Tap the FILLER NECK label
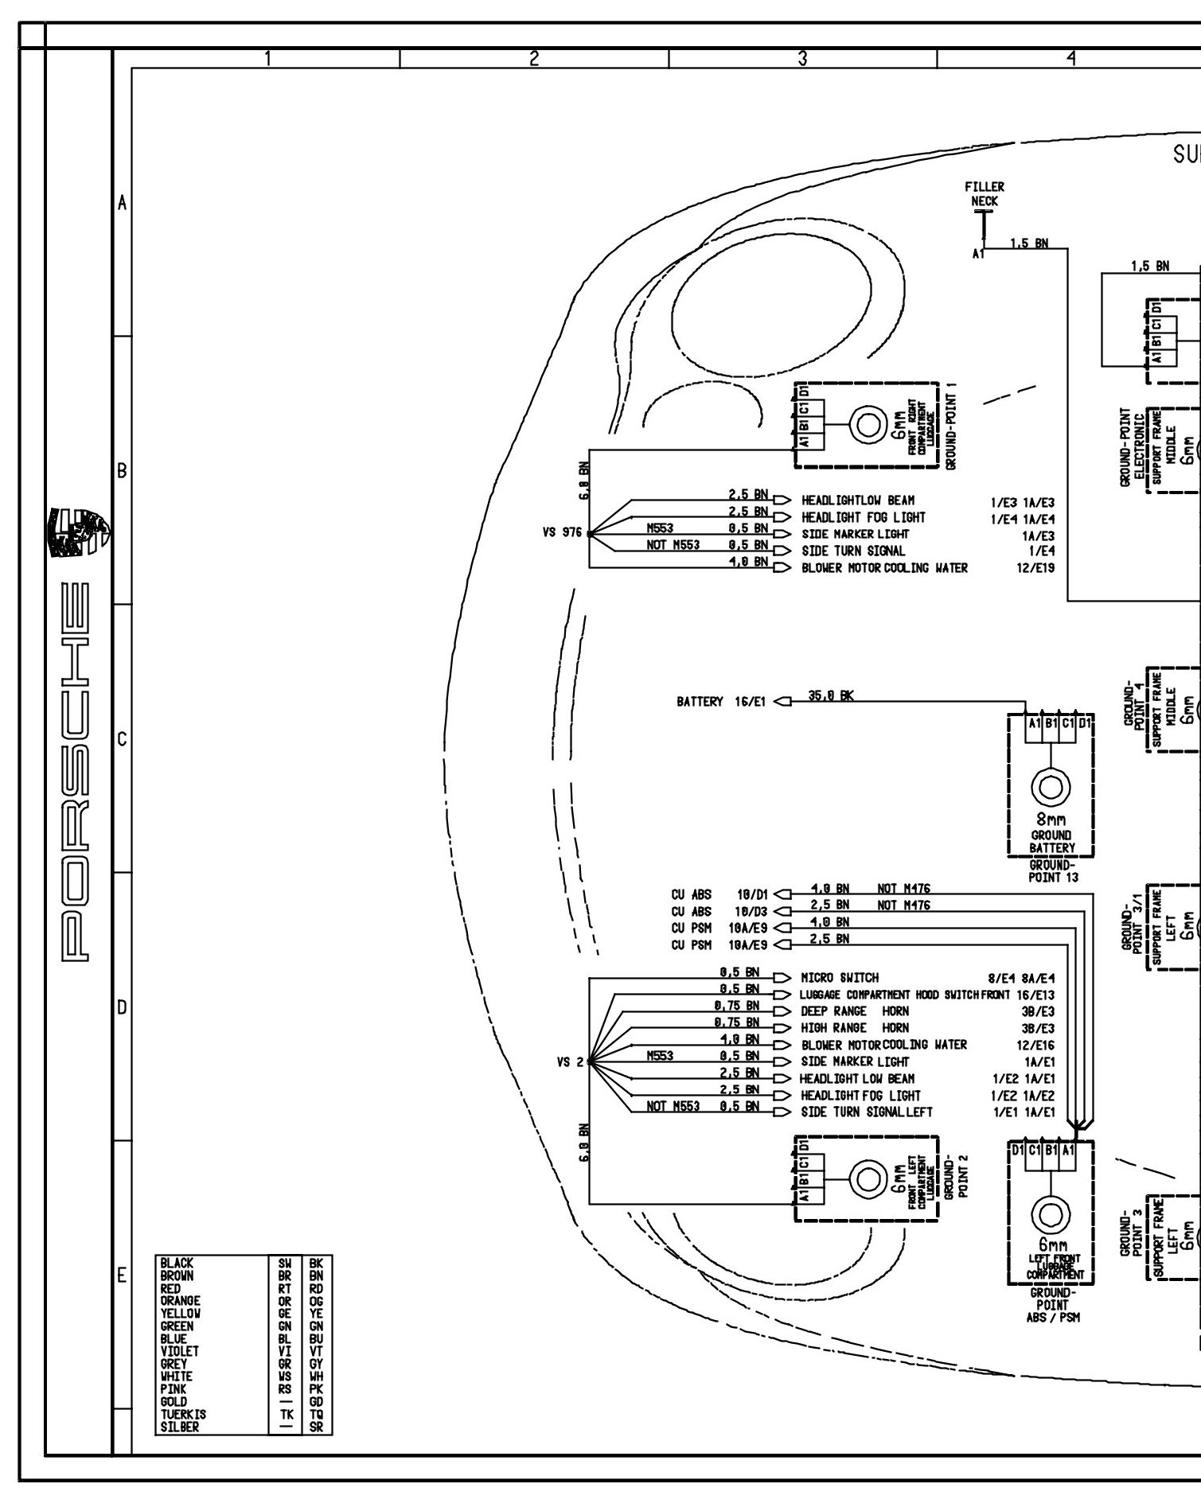pyautogui.click(x=985, y=194)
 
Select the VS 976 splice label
pyautogui.click(x=562, y=533)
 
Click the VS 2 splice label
pyautogui.click(x=570, y=1061)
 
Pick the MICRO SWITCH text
pyautogui.click(x=840, y=978)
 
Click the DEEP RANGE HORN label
pyautogui.click(x=854, y=1011)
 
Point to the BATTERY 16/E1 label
pyautogui.click(x=721, y=702)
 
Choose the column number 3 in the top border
pyautogui.click(x=802, y=58)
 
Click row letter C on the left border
pyautogui.click(x=122, y=739)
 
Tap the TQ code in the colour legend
pyautogui.click(x=316, y=1414)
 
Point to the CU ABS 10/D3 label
pyautogui.click(x=719, y=911)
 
